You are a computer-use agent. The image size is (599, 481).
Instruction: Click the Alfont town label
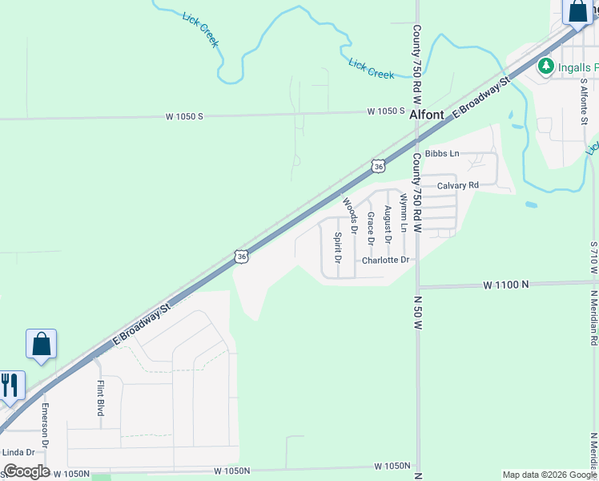(x=426, y=115)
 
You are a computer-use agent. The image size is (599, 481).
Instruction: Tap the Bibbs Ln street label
(x=442, y=153)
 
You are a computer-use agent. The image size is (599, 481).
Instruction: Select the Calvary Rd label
(x=457, y=185)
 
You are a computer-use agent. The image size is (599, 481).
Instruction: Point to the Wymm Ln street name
(x=404, y=212)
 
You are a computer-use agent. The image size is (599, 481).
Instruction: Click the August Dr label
(x=388, y=224)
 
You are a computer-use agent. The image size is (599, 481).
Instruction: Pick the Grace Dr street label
(x=371, y=228)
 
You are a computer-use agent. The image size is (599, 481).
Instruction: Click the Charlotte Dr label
(x=385, y=261)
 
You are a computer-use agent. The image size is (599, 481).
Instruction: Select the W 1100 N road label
(x=506, y=285)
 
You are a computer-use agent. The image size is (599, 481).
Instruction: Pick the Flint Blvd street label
(x=101, y=398)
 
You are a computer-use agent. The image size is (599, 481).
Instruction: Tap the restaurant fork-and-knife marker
(x=10, y=385)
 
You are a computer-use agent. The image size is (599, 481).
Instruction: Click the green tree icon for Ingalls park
(x=546, y=65)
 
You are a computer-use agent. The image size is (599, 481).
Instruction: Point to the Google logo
(x=26, y=471)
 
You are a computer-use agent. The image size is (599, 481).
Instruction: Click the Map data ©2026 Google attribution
(x=549, y=475)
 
